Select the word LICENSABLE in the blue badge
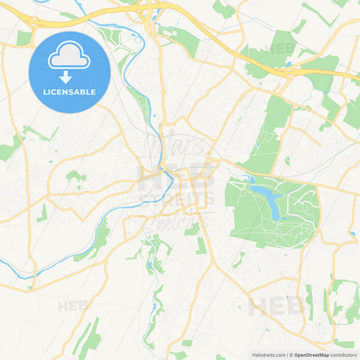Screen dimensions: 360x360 click(70, 93)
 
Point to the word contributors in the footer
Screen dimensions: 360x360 click(343, 354)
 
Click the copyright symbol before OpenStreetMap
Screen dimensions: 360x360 click(291, 354)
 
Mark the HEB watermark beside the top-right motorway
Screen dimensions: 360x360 click(280, 48)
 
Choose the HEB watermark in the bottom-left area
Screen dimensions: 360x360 click(73, 306)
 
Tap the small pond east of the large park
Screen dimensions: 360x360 click(352, 234)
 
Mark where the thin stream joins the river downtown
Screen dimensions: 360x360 click(162, 169)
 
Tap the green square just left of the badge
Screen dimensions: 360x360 click(24, 38)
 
